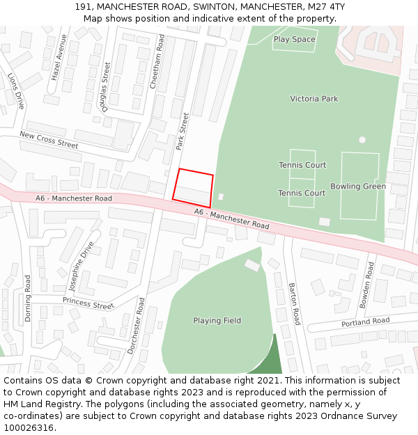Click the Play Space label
[x=294, y=40]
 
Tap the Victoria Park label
[x=314, y=99]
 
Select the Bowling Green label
[x=358, y=187]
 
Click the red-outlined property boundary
[x=193, y=187]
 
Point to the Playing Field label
[x=217, y=321]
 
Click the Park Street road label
[x=183, y=132]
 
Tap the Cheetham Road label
[x=158, y=60]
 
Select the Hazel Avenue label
[x=59, y=56]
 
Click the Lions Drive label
[x=16, y=90]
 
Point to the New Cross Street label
[x=49, y=139]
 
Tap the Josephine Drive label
[x=82, y=269]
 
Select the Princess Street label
[x=88, y=303]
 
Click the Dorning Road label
[x=28, y=298]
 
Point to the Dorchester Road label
[x=137, y=326]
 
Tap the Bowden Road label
[x=366, y=285]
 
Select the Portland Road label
[x=365, y=322]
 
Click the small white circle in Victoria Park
[x=362, y=140]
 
